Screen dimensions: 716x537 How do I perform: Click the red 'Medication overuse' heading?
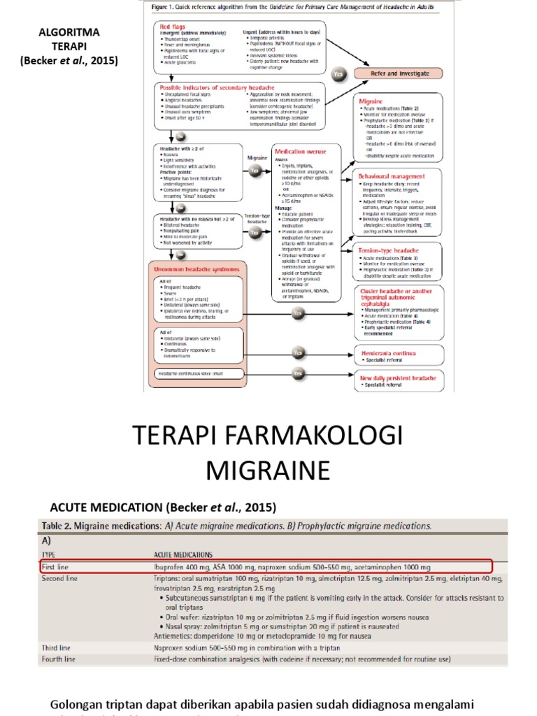coord(300,151)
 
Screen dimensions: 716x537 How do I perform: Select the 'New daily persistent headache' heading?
coord(397,377)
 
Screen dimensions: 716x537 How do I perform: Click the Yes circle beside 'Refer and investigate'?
coord(340,73)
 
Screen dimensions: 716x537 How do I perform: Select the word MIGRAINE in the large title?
coord(268,471)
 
